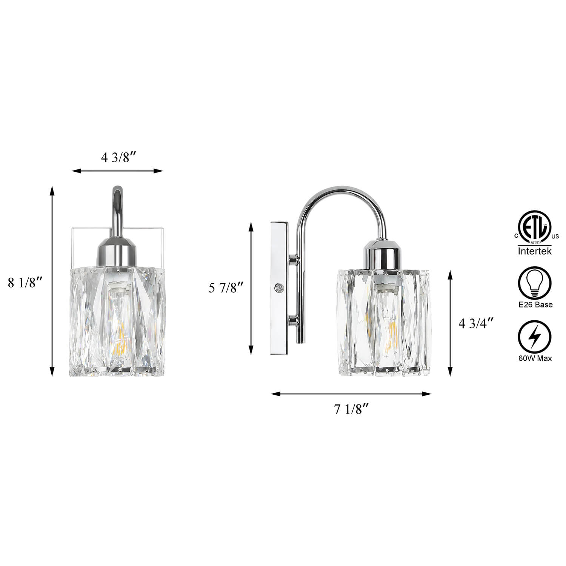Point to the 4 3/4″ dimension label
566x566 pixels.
[476, 324]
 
